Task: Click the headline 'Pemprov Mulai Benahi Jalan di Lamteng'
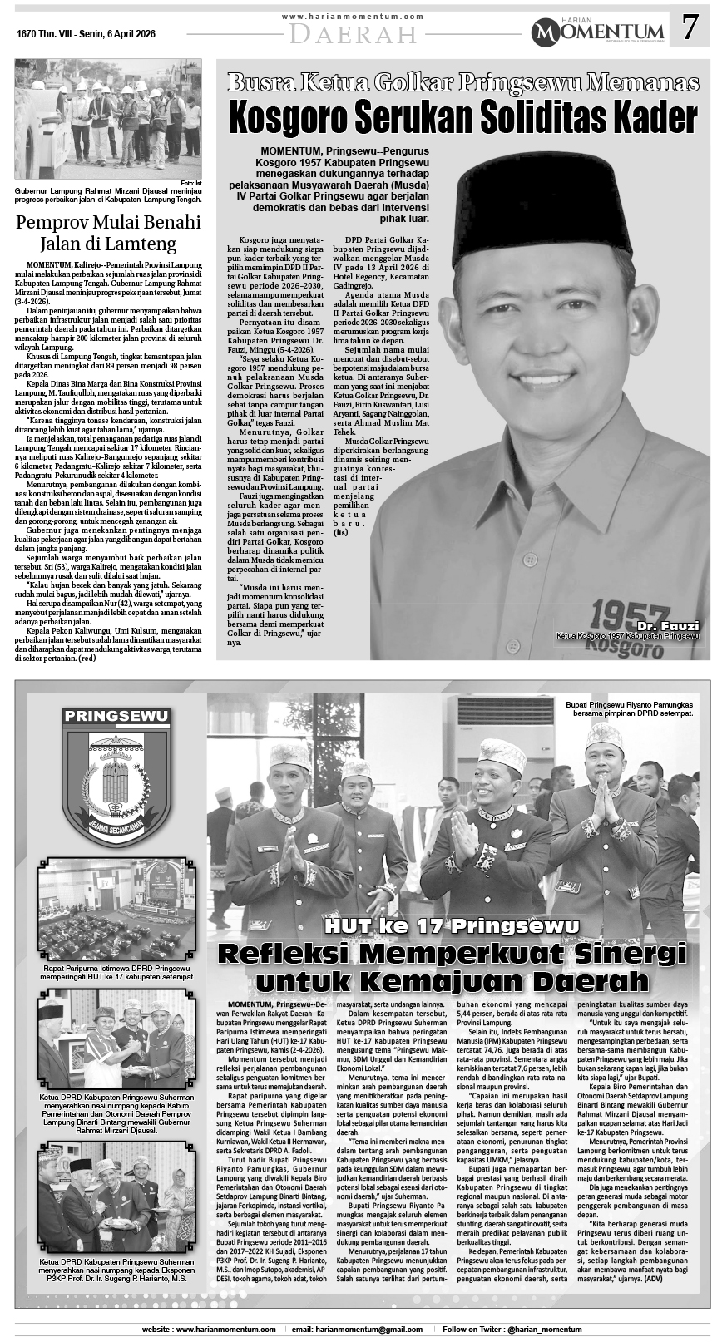point(109,233)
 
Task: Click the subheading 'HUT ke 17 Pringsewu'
point(453,926)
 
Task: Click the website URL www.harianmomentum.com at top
point(353,17)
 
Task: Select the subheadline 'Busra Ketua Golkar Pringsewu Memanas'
point(463,81)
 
